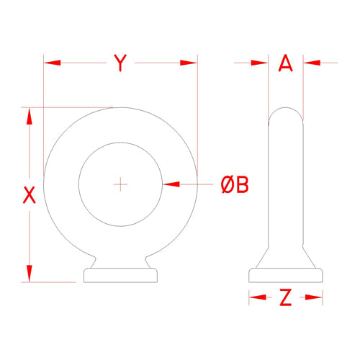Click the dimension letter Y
[x=120, y=63]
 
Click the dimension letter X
[x=30, y=195]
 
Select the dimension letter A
[x=286, y=63]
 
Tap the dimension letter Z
[x=286, y=297]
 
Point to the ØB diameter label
[x=235, y=184]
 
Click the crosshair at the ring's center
[x=120, y=184]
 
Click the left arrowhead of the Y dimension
[x=53, y=63]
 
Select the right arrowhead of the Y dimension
[x=189, y=63]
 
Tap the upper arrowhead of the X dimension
[x=30, y=116]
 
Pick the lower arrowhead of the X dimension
[x=30, y=274]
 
